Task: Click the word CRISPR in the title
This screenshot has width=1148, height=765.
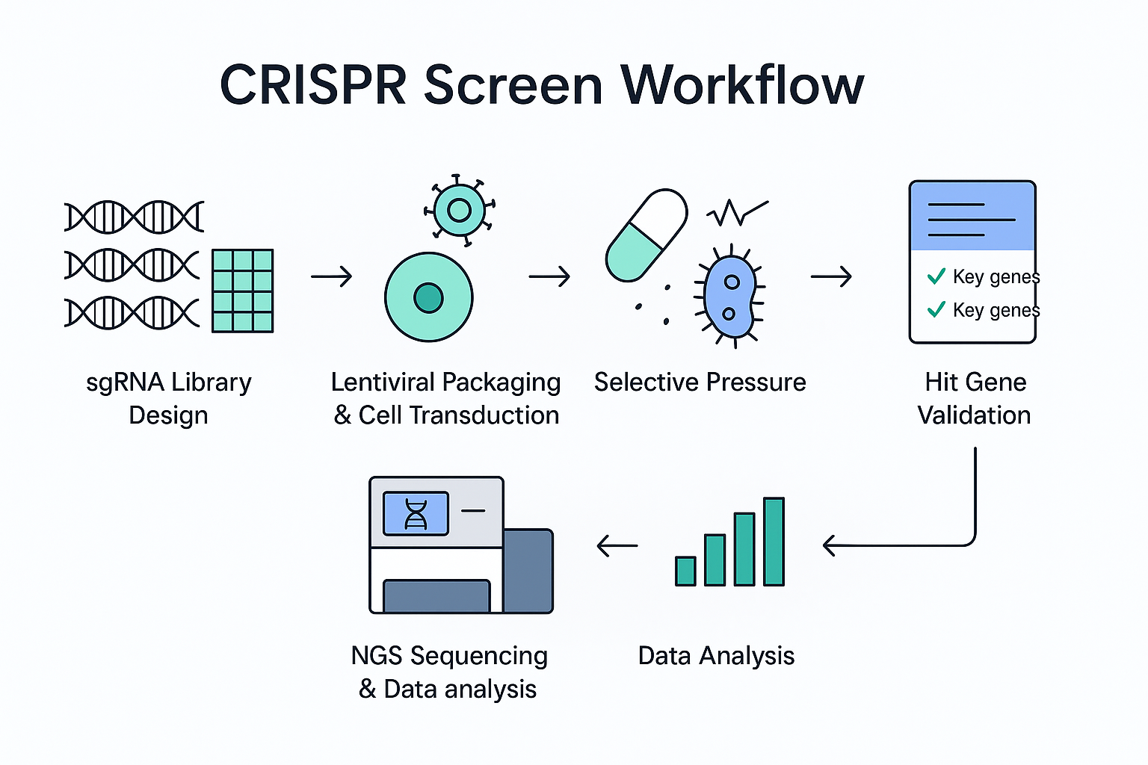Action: (313, 84)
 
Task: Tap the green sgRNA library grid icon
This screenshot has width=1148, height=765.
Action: (242, 291)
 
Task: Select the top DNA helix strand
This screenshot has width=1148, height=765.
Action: (134, 217)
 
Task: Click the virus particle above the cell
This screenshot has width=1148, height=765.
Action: (459, 210)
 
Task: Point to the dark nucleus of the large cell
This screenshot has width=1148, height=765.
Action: (428, 297)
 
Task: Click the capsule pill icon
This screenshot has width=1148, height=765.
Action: (646, 235)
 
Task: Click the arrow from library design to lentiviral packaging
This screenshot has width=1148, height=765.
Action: (331, 276)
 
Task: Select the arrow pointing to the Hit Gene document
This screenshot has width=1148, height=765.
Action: (831, 276)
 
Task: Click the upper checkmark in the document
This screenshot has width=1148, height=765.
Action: (936, 276)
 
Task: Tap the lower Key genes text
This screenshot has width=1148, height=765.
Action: (996, 310)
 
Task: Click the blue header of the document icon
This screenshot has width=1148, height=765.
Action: (972, 217)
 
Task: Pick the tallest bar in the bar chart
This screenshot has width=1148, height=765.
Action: (774, 542)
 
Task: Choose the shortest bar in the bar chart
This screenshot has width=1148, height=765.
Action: (685, 571)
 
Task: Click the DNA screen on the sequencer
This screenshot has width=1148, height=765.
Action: (416, 513)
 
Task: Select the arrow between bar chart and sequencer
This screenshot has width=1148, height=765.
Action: (617, 546)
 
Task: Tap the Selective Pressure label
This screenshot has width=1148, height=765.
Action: (700, 382)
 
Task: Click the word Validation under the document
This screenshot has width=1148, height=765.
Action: (974, 415)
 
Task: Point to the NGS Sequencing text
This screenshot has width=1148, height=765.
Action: (449, 656)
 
